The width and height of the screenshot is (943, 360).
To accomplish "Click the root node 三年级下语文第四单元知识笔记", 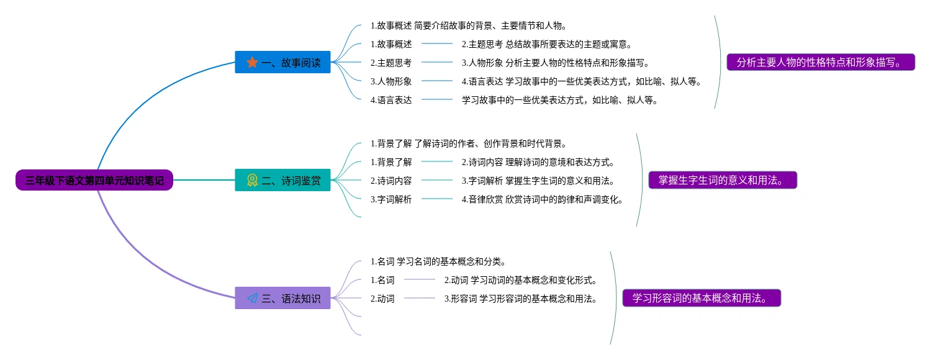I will pos(94,181).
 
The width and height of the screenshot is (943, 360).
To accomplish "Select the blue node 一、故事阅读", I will pos(282,63).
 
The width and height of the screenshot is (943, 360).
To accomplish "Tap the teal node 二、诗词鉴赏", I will pos(282,181).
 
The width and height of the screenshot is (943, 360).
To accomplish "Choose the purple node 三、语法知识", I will pos(282,299).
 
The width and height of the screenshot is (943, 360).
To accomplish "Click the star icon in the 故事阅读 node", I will pos(252,63).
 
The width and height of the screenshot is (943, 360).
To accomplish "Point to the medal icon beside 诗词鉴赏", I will pos(252,181).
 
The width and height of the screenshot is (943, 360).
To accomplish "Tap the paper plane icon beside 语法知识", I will pos(252,299).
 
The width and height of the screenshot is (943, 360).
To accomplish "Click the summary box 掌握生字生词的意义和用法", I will pos(723,181).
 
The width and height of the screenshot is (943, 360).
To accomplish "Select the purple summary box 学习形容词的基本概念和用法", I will pos(702,299).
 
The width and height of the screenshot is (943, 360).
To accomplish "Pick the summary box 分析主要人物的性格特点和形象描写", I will pos(821,63).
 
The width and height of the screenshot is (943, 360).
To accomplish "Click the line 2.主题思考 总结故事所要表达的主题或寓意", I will pos(546,44).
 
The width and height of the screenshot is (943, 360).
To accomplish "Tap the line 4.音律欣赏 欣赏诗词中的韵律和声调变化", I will pos(542,199).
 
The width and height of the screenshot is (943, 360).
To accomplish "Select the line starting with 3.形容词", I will pos(520,299).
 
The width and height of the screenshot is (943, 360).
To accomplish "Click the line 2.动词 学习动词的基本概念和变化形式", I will pos(520,280).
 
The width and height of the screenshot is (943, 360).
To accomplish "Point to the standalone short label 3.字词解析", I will pos(391,199).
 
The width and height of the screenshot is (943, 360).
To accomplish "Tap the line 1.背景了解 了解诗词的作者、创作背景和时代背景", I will pos(468,143).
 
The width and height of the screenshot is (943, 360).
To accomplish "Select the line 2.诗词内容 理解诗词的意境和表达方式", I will pos(538,162).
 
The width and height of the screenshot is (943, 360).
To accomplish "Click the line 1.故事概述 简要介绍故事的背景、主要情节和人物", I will pos(468,25).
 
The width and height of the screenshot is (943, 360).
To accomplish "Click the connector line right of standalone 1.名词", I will pos(420,280).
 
